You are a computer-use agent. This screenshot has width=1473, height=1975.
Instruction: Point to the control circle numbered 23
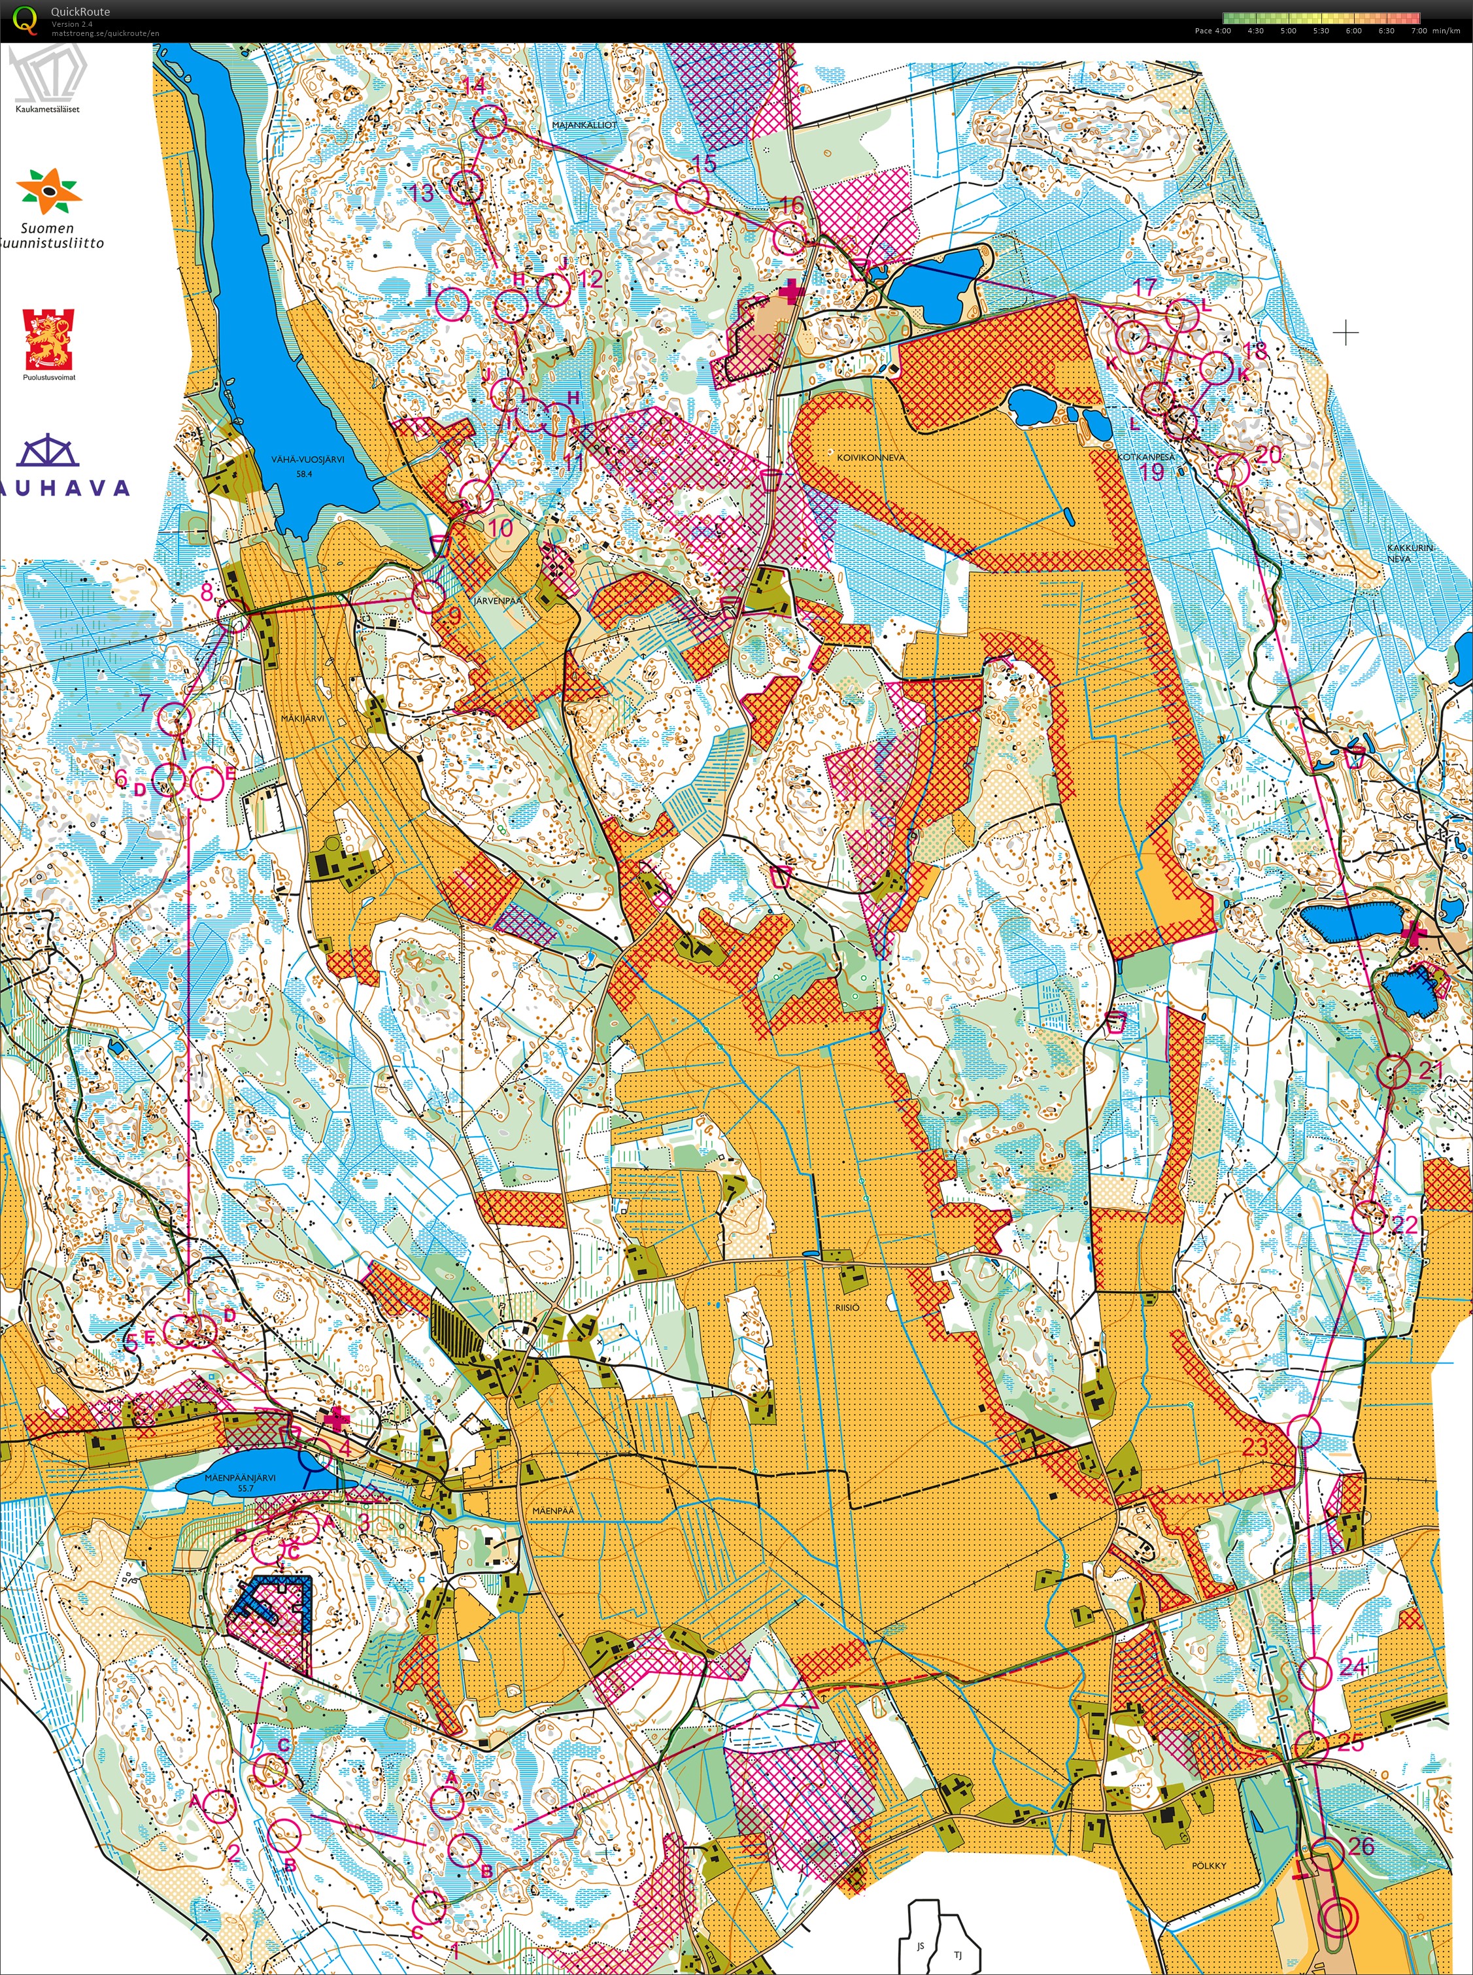(x=1304, y=1430)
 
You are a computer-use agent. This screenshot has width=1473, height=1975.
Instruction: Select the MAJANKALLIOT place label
(x=584, y=125)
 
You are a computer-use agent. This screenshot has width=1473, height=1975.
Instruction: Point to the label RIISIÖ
(x=847, y=1307)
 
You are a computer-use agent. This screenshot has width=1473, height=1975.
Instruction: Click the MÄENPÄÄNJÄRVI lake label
(x=228, y=1477)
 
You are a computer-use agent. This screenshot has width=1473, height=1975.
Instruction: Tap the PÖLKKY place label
(x=1209, y=1865)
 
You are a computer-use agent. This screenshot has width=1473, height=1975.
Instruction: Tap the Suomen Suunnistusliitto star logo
(x=50, y=192)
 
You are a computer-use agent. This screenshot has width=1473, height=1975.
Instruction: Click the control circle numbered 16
(x=789, y=236)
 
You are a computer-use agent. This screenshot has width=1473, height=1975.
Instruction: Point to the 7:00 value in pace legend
(x=1419, y=30)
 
